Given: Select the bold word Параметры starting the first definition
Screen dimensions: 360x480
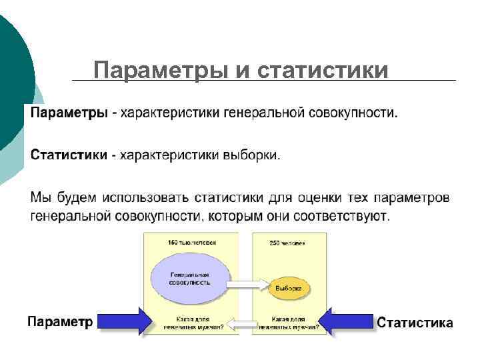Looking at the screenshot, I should (x=68, y=113).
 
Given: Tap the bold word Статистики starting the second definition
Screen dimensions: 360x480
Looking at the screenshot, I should (x=69, y=155).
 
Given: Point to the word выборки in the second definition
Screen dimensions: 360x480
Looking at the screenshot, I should (x=253, y=155).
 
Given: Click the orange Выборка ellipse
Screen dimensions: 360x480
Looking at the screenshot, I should (x=289, y=289).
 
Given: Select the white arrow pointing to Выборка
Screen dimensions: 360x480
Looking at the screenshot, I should (x=245, y=284).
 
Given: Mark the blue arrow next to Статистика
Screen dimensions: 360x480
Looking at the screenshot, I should (x=347, y=321).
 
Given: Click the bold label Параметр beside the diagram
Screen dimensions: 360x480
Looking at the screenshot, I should (x=60, y=321).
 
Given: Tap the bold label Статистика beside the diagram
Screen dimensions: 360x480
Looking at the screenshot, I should (x=415, y=323).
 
